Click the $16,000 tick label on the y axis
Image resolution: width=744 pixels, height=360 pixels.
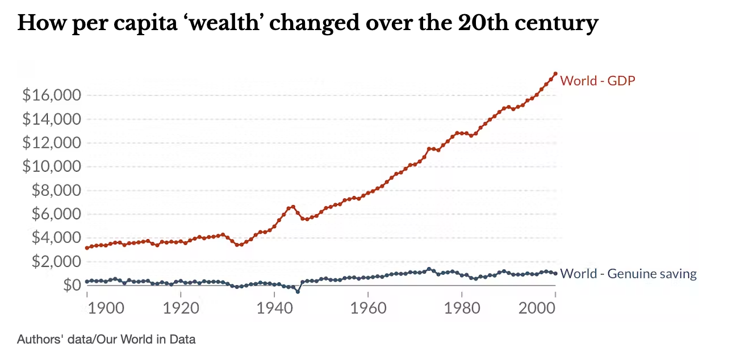[x=51, y=95]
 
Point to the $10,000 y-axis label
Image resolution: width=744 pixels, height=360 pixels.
[x=51, y=166]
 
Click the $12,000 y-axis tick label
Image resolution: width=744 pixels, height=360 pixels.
[x=51, y=143]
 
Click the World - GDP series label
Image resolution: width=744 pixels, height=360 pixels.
[x=597, y=81]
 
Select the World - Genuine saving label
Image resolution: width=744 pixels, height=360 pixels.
[x=628, y=274]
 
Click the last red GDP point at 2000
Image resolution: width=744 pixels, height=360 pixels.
[x=555, y=74]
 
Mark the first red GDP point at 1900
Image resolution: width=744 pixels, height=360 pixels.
[x=87, y=248]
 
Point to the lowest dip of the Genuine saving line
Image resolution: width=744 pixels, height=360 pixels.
[x=298, y=291]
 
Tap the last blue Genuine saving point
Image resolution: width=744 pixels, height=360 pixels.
[x=555, y=273]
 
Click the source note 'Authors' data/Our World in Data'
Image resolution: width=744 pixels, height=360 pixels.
[x=106, y=340]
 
